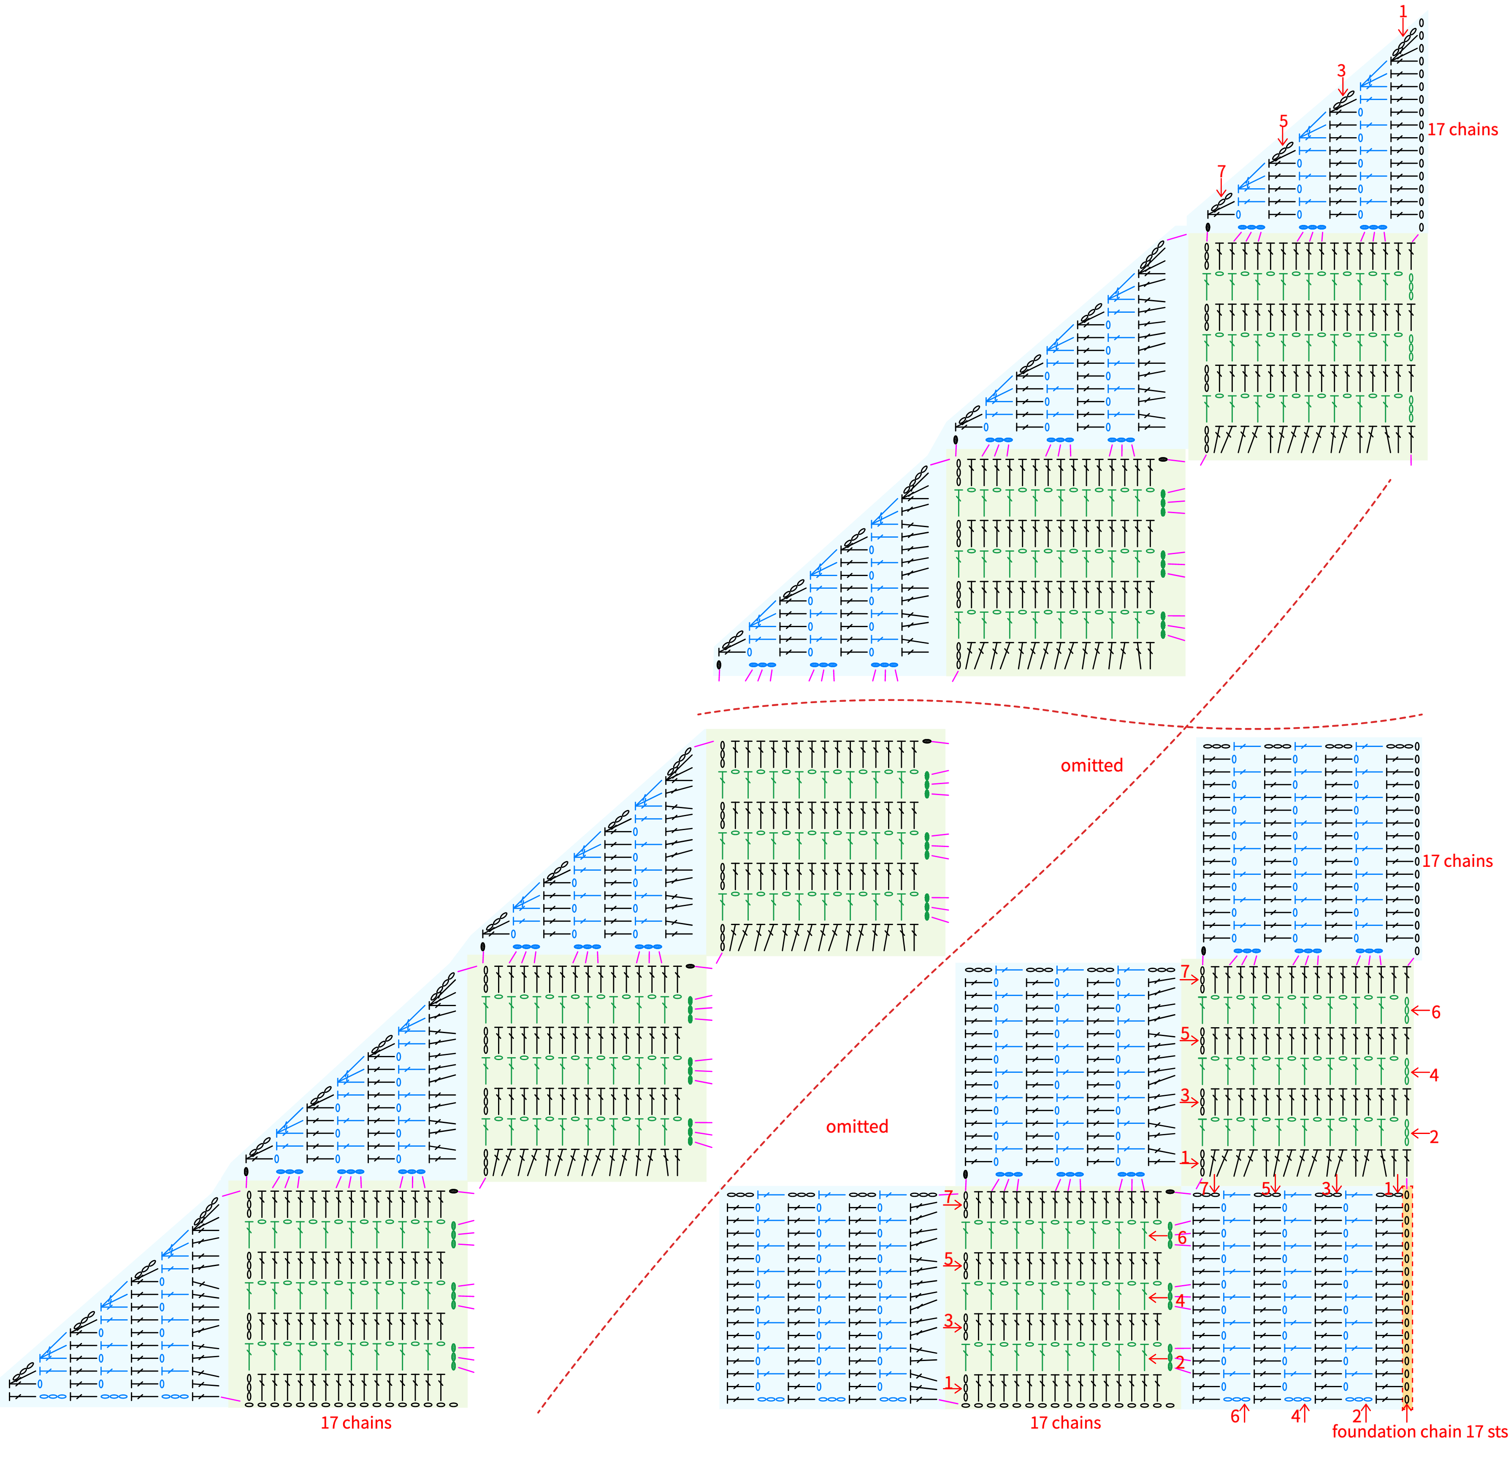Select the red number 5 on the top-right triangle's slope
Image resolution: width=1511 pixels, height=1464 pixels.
coord(1284,121)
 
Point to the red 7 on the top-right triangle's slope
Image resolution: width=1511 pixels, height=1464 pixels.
coord(1221,171)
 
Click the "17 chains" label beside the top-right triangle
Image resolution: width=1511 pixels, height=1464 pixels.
coord(1462,130)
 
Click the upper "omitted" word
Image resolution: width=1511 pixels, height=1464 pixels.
coord(1091,766)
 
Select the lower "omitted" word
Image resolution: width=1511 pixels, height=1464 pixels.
coord(857,1126)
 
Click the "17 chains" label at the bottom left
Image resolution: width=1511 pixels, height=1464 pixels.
coord(356,1422)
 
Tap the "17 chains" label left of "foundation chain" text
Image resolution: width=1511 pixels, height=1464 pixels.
coord(1065,1422)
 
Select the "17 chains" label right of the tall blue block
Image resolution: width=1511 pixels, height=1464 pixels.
coord(1457,861)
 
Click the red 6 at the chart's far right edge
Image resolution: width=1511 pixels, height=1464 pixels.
coord(1435,1012)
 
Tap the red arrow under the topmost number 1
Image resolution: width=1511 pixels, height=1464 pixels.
coord(1402,27)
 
